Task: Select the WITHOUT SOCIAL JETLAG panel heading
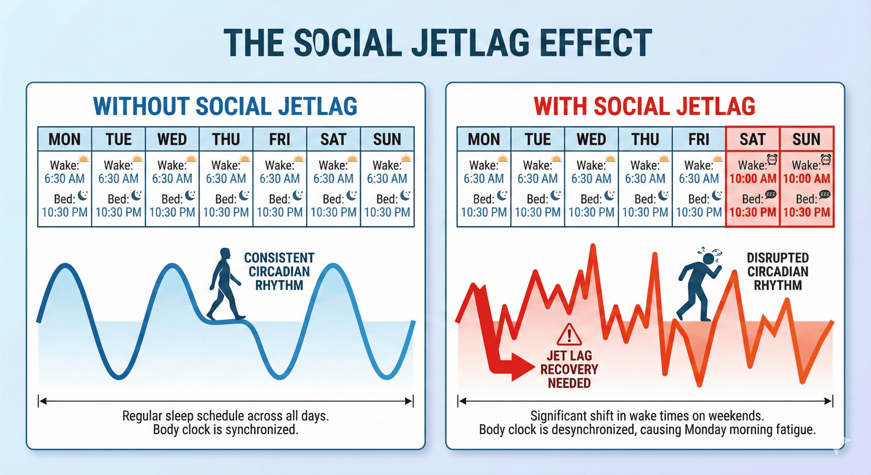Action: pyautogui.click(x=225, y=106)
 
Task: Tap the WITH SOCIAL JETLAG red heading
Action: pyautogui.click(x=644, y=106)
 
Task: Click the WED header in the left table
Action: pyautogui.click(x=172, y=139)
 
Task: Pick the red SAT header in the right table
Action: pyautogui.click(x=753, y=139)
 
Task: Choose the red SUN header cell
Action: pyautogui.click(x=806, y=139)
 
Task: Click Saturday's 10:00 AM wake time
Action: pyautogui.click(x=753, y=179)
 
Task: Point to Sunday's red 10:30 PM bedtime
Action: pyautogui.click(x=807, y=212)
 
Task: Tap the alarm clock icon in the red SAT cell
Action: pyautogui.click(x=772, y=159)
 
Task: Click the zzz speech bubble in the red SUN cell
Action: pyautogui.click(x=825, y=194)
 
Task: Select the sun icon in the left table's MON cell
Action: pyautogui.click(x=84, y=159)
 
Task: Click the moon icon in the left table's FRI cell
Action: pyautogui.click(x=298, y=195)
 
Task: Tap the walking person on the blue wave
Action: pyautogui.click(x=225, y=284)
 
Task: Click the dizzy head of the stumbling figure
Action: pyautogui.click(x=709, y=258)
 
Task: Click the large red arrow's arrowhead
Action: pyautogui.click(x=522, y=367)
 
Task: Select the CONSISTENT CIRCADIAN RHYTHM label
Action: pyautogui.click(x=279, y=272)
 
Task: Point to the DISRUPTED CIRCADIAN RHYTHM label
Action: pyautogui.click(x=778, y=272)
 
